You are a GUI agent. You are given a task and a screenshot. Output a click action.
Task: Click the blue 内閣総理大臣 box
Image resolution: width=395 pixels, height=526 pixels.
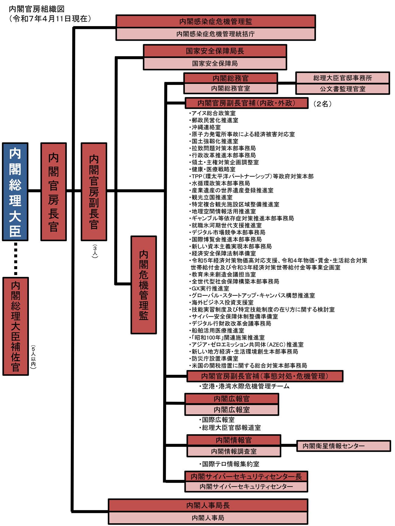[15, 192]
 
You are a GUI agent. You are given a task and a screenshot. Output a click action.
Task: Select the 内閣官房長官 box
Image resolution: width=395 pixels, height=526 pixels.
[53, 192]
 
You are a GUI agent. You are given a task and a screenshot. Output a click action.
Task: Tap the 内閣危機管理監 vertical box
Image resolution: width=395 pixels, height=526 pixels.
[144, 285]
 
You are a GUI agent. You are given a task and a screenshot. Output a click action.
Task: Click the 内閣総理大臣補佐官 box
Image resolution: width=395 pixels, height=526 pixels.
[15, 326]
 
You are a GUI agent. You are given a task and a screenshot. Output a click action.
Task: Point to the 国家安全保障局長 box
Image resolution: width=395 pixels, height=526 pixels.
[215, 51]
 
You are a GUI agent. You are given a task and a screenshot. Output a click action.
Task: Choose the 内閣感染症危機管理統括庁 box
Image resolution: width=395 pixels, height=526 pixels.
[215, 34]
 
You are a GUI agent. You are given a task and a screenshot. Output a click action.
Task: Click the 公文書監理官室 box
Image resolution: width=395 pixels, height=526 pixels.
[342, 89]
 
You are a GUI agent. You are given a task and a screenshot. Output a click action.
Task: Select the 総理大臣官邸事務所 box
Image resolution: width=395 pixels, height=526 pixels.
[342, 78]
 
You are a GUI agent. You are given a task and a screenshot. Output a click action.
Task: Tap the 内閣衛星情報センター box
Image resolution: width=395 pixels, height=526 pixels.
[343, 446]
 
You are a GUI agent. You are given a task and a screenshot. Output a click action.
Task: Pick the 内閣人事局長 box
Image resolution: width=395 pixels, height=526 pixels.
[208, 505]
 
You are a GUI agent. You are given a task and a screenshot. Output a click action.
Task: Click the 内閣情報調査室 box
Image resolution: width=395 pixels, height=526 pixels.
[234, 451]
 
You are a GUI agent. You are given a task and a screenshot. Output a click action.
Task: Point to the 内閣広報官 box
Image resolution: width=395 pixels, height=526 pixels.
[232, 399]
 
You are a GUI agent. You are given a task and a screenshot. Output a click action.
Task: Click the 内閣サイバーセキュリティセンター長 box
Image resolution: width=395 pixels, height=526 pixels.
[246, 476]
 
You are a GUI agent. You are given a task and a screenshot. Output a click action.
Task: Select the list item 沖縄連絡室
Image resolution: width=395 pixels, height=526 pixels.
[205, 127]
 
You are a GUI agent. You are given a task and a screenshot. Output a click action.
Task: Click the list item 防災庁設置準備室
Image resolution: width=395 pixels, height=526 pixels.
[214, 358]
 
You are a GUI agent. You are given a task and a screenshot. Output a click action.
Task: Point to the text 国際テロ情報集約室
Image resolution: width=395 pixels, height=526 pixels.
[230, 464]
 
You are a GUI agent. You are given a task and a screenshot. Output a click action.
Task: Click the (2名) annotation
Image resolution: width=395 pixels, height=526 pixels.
[322, 104]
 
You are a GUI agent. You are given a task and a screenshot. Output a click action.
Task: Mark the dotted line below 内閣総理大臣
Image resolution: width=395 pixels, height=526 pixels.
[15, 259]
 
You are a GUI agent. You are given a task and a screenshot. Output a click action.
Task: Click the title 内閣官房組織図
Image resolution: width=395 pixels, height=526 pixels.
[36, 9]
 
